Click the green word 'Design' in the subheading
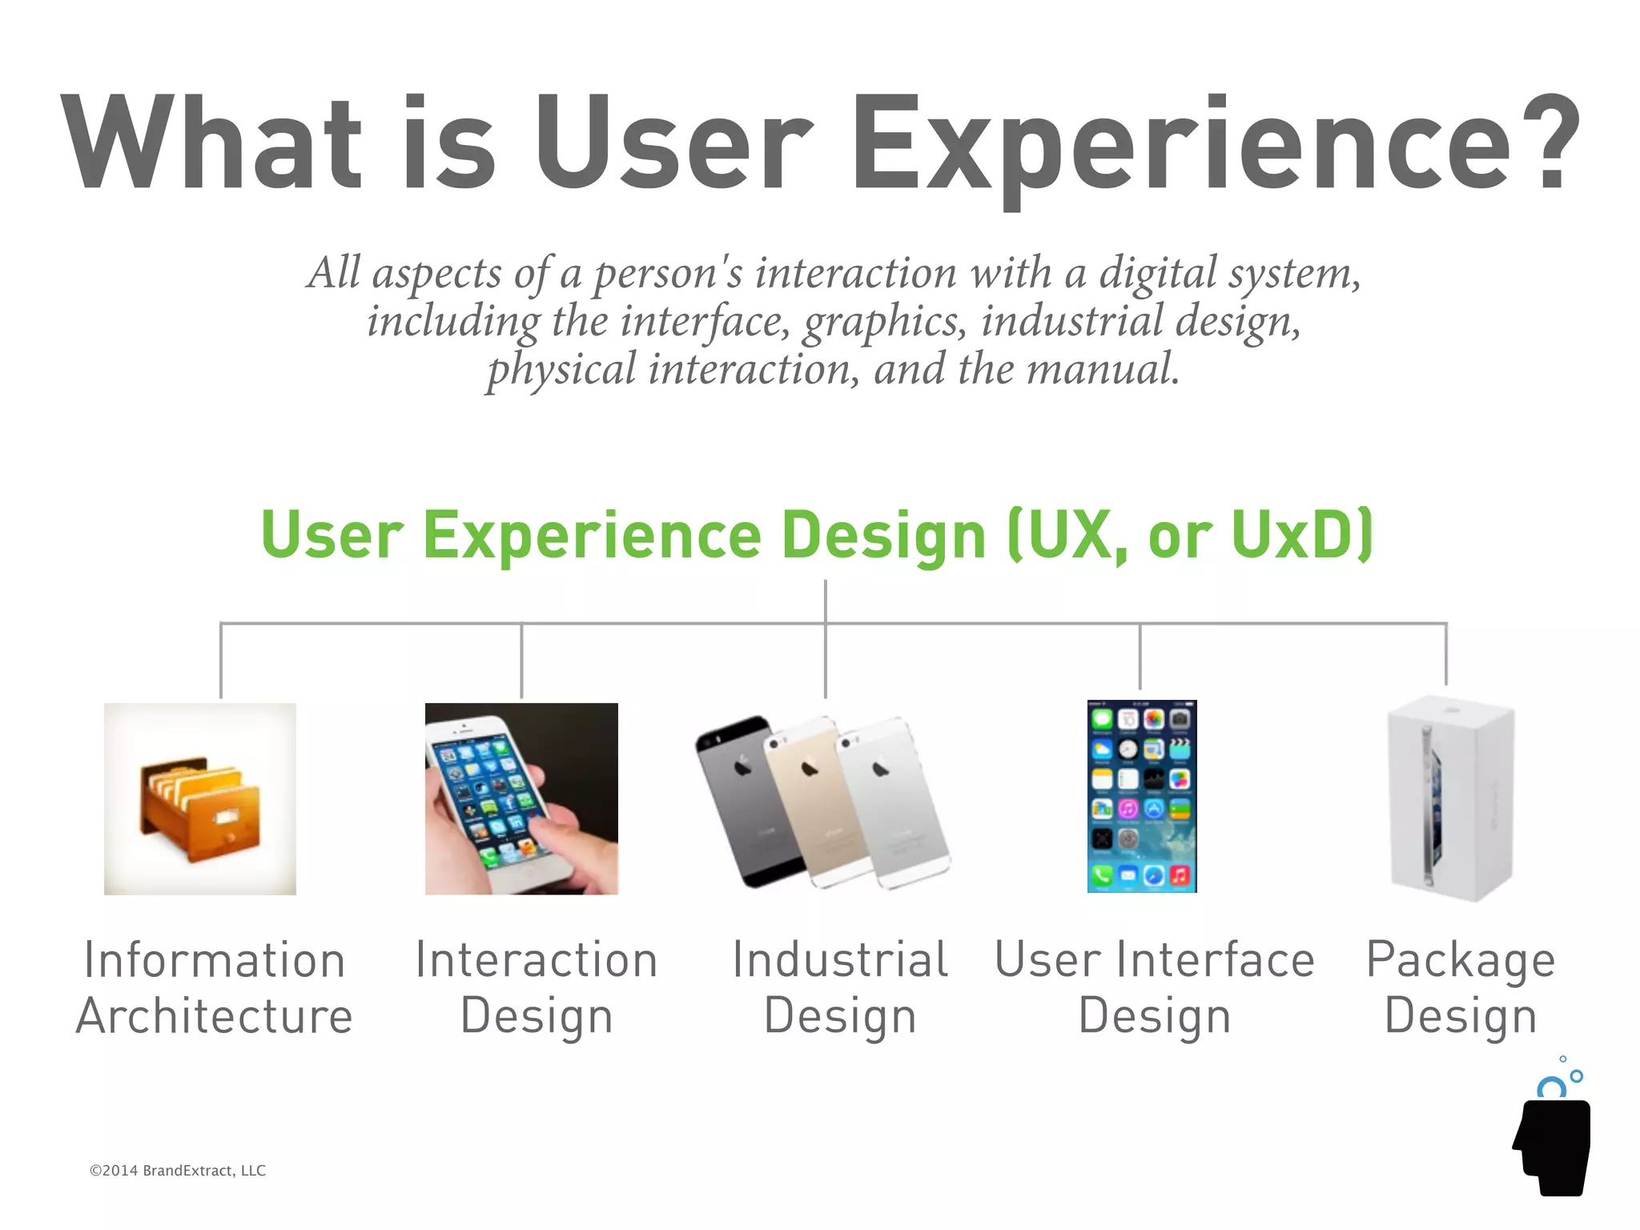tap(883, 535)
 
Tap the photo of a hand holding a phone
tap(521, 798)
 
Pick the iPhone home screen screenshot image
tap(1142, 797)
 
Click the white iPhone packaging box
tap(1451, 798)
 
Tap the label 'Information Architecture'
tap(215, 987)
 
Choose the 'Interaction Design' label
tap(537, 987)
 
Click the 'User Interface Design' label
tap(1154, 987)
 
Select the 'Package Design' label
tap(1461, 987)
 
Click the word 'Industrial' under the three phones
tap(840, 960)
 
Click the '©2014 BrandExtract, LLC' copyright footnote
tap(178, 1171)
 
